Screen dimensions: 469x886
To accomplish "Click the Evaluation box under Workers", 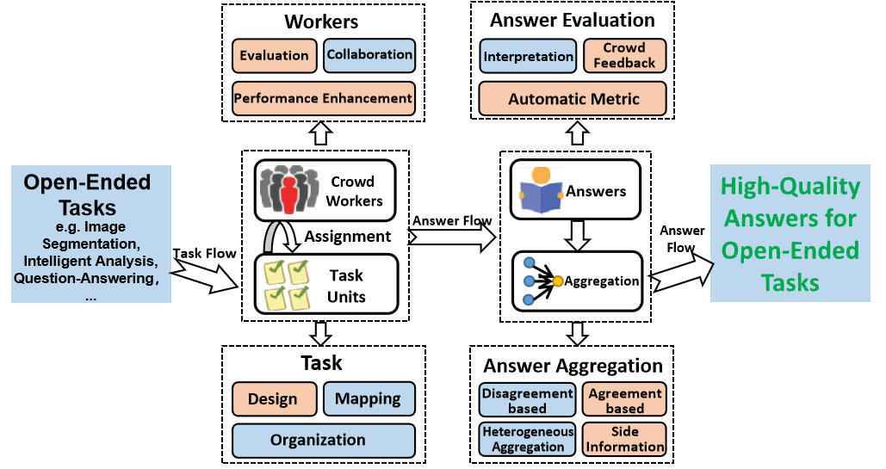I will coord(275,56).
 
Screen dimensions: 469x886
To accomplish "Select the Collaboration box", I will coord(369,55).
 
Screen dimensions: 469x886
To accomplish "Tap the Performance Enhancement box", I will coord(323,98).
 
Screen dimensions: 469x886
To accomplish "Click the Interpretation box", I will coord(528,57).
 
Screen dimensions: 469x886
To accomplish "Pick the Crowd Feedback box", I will coord(624,56).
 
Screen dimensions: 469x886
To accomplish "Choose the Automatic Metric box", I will coord(573,99).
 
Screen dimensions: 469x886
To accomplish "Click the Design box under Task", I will coord(272,399).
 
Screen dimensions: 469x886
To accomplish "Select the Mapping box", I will coord(368,399).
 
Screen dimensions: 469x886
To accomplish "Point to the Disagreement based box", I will coord(527,400).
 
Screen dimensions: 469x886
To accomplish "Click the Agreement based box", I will coord(624,400).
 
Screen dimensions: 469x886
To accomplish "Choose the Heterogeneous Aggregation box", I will coord(527,439).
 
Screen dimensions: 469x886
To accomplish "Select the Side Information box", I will coord(624,439).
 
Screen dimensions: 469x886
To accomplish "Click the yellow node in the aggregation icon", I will coord(558,281).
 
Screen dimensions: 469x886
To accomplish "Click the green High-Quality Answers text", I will coord(790,234).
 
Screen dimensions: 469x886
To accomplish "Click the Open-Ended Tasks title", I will coord(87,194).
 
